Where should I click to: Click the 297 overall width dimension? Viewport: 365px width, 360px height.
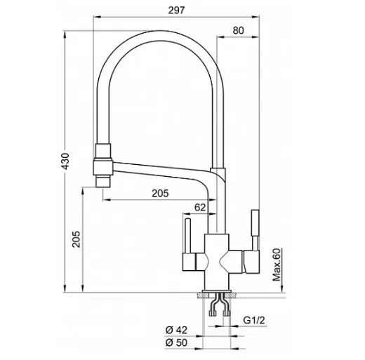(176, 11)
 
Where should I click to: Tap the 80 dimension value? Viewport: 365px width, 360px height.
(238, 30)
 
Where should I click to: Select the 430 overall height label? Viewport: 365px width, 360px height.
(65, 161)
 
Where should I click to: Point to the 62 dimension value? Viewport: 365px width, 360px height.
(200, 207)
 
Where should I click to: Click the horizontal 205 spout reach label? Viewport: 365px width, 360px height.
(160, 193)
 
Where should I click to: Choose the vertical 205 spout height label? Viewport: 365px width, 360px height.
(76, 239)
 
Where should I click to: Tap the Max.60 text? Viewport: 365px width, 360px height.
(277, 265)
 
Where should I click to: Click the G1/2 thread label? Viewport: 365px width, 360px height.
(254, 320)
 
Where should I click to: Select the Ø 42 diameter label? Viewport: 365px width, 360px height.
(176, 330)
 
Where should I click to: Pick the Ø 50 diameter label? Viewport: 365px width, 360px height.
(176, 342)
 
